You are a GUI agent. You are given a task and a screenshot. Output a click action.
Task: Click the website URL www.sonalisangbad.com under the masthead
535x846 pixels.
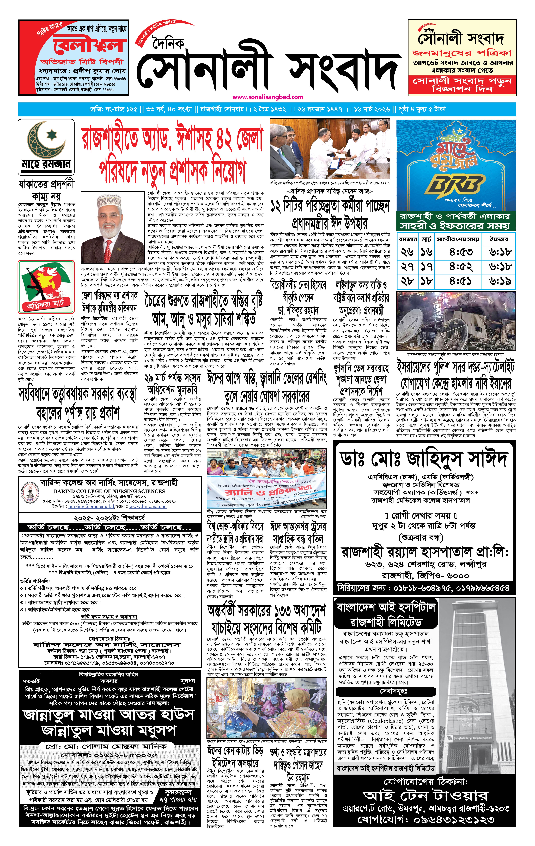(x=268, y=97)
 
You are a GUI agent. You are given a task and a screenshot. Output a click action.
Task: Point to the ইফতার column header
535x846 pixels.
(x=499, y=239)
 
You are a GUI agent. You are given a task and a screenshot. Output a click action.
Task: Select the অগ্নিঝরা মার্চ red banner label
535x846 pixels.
(x=45, y=304)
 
